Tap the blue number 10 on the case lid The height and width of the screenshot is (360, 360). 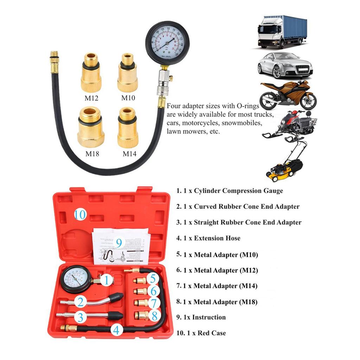click(x=80, y=214)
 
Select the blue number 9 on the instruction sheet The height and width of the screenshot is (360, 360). click(x=119, y=243)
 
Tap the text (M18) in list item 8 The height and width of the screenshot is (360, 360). click(x=248, y=302)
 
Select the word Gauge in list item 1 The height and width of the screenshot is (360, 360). click(x=269, y=191)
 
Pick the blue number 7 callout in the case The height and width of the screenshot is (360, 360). click(x=153, y=302)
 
